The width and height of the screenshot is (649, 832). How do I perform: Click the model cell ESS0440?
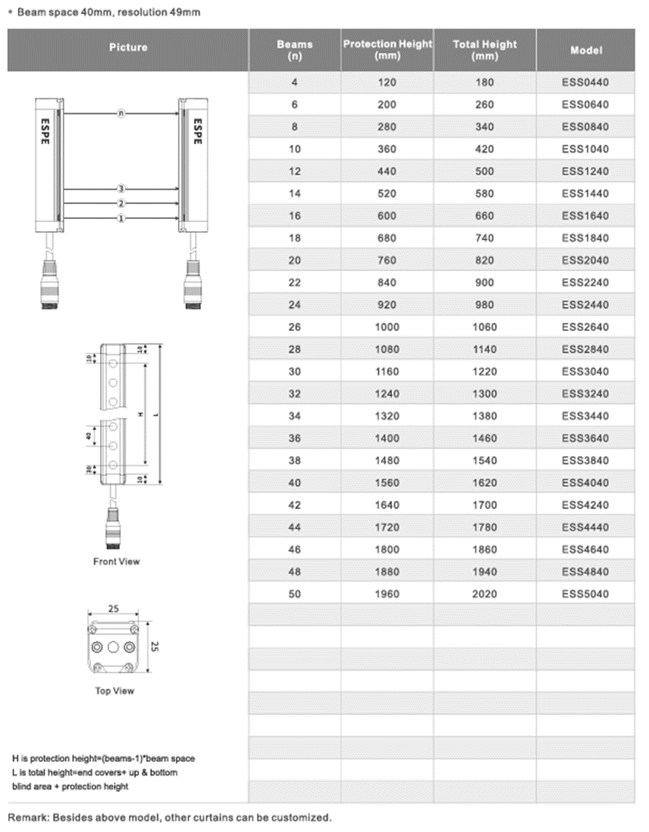click(585, 83)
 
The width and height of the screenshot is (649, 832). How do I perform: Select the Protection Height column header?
click(387, 50)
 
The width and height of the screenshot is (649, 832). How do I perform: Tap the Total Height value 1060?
click(485, 327)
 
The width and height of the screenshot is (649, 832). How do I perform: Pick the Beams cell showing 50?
click(295, 593)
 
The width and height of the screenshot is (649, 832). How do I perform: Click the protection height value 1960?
click(387, 593)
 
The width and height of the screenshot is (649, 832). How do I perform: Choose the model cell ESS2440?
click(585, 305)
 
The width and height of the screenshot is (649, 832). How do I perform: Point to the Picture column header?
click(128, 48)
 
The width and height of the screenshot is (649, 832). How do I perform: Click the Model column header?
click(585, 50)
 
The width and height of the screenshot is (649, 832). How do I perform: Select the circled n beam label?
click(122, 114)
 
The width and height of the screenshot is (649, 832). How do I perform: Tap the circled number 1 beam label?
click(122, 219)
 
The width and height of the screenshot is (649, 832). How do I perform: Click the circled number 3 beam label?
click(122, 188)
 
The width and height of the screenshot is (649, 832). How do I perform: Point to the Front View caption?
click(116, 562)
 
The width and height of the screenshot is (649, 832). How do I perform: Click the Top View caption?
click(115, 691)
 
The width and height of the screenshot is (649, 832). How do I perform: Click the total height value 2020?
click(485, 593)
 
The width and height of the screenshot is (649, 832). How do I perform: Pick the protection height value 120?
click(387, 83)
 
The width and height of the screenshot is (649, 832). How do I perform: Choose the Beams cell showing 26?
click(295, 327)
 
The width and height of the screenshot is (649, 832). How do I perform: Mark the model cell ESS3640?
click(585, 438)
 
